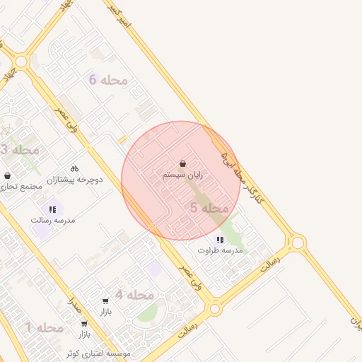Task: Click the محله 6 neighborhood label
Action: click(x=108, y=80)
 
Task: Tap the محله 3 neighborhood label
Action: click(x=19, y=150)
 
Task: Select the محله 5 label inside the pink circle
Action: click(x=210, y=208)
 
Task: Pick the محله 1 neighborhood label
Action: click(x=45, y=327)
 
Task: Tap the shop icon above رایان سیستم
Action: click(x=183, y=163)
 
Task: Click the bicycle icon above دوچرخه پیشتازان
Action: click(x=75, y=168)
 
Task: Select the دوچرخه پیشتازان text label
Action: click(x=75, y=180)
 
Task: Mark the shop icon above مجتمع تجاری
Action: click(x=7, y=175)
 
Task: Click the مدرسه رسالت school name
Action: click(x=52, y=220)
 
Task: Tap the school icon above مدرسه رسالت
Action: click(x=52, y=209)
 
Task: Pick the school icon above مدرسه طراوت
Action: click(x=220, y=240)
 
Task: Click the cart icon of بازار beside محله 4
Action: click(x=105, y=300)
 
